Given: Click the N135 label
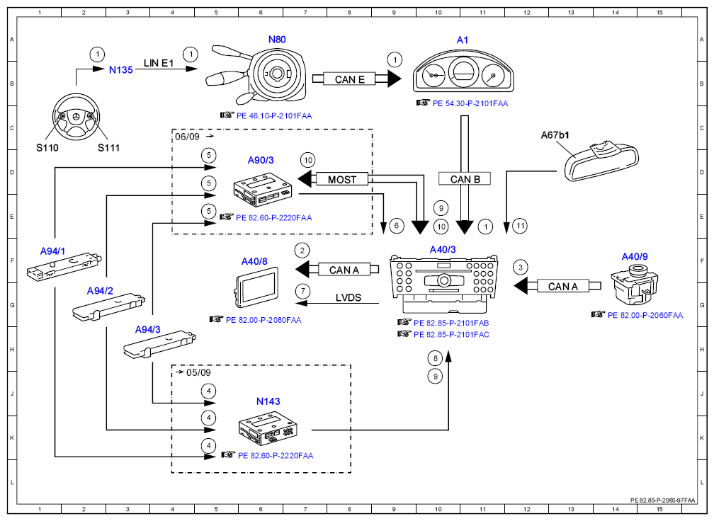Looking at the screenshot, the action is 120,70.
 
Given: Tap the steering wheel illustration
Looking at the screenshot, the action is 76,118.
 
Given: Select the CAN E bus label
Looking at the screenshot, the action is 349,79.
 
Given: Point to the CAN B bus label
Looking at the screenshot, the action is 465,179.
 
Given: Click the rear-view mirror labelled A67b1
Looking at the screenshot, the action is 601,160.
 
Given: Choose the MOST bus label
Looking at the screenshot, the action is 342,180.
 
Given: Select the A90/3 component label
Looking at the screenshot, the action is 261,160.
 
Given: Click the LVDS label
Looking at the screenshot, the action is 348,297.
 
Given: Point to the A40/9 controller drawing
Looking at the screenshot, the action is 635,285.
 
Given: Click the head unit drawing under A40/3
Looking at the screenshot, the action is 443,284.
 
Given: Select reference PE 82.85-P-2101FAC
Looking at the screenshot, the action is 451,334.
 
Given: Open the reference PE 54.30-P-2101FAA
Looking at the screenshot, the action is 470,104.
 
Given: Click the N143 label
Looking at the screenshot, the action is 268,401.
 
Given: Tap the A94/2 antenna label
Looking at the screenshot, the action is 100,291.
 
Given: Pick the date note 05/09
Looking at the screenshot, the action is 198,372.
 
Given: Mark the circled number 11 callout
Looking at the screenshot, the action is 520,226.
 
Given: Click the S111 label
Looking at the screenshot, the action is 108,148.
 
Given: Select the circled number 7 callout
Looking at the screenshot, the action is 302,291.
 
